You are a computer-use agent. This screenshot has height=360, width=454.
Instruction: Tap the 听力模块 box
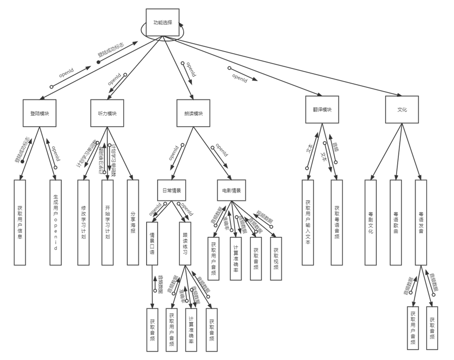point(107,113)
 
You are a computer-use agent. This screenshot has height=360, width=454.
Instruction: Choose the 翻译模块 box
point(322,110)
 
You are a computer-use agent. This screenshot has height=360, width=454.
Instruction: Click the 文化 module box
point(402,110)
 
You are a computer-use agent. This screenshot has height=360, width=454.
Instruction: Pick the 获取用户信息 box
point(20,222)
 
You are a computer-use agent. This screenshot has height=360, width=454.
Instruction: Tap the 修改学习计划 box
point(83,222)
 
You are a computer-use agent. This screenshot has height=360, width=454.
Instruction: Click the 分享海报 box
point(133,222)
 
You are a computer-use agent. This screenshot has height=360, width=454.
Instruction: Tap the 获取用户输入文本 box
point(309,222)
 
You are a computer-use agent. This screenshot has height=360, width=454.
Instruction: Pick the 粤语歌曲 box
point(396,222)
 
